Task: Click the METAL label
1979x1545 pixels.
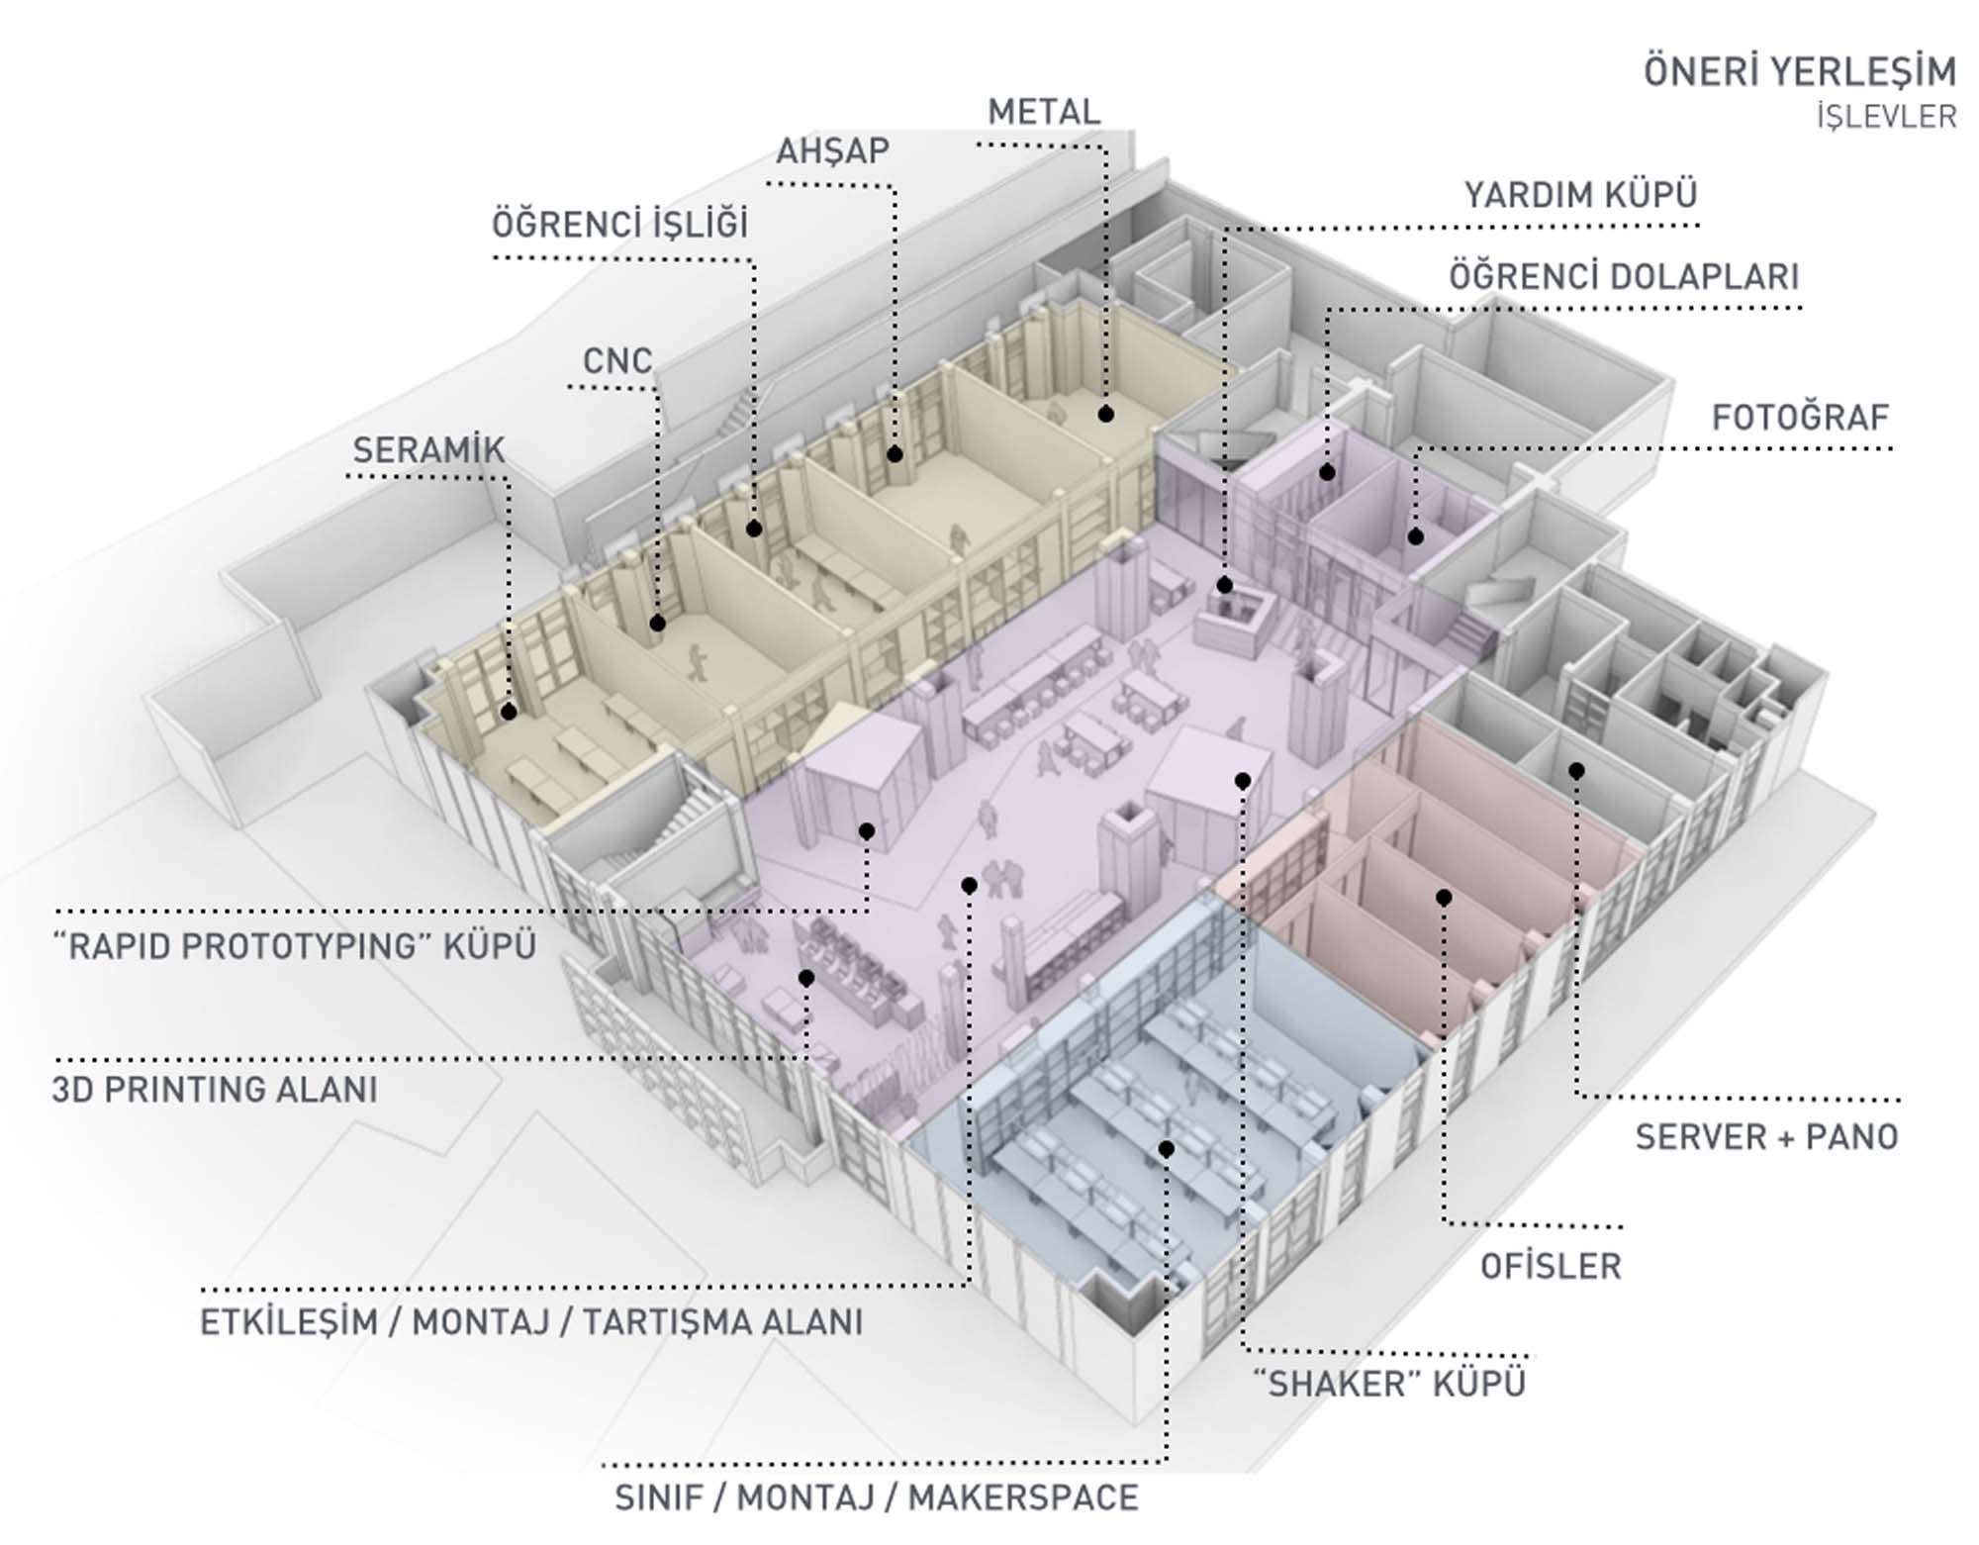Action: click(1044, 112)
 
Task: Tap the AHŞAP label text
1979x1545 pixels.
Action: click(832, 151)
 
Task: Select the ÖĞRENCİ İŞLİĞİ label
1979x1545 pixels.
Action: click(620, 225)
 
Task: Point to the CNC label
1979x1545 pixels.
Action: click(617, 361)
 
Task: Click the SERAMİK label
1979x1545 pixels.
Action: click(428, 450)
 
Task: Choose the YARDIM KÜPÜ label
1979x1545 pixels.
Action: click(1580, 195)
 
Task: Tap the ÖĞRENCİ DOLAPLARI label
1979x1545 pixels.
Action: click(1624, 277)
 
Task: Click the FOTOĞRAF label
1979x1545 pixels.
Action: click(1800, 418)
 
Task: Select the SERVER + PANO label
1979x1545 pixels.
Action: click(1766, 1137)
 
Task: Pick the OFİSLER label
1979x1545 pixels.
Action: click(1551, 1266)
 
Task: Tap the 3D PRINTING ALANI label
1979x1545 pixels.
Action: click(215, 1090)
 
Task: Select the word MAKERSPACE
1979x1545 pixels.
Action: click(1023, 1497)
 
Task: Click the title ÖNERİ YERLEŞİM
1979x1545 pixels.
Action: click(1800, 71)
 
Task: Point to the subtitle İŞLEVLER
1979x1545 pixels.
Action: click(1886, 117)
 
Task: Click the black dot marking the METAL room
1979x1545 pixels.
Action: click(1106, 414)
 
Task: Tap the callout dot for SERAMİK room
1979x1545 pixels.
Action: click(509, 712)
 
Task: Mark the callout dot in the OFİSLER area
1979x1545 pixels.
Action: click(1444, 898)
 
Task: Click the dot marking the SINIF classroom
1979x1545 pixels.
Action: click(1167, 1149)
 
